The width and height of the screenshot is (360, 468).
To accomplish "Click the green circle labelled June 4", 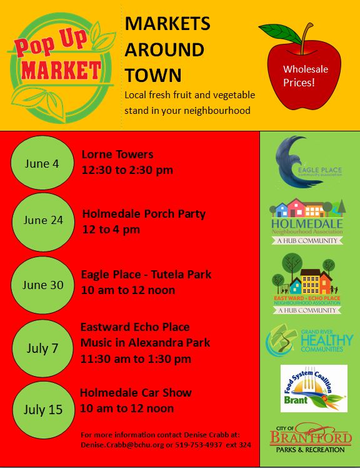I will pos(42,164).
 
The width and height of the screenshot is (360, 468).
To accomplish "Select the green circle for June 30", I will pos(42,285).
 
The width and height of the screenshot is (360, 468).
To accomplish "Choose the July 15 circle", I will pos(42,410).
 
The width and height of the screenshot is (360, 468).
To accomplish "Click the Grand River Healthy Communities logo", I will pos(309,340).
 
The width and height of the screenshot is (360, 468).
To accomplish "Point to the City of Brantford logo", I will pos(309,439).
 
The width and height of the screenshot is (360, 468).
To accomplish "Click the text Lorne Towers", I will pos(117,155).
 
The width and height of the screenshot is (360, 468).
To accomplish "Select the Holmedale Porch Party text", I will pos(144,214).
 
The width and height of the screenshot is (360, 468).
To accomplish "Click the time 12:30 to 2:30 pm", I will pos(127,170).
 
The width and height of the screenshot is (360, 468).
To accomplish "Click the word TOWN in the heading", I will pos(153,75).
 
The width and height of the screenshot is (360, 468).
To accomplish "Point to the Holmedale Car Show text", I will pos(136,393).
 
